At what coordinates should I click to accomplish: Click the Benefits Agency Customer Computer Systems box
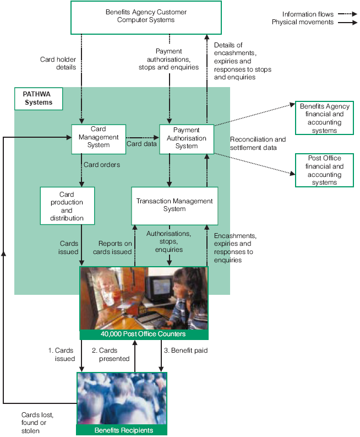tap(146, 17)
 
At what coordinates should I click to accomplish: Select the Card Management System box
tap(99, 138)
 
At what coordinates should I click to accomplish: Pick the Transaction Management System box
tap(174, 205)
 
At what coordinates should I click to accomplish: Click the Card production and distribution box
tap(67, 206)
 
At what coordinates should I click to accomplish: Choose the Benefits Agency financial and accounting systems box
tap(324, 118)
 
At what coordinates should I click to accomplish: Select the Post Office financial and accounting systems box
tap(324, 170)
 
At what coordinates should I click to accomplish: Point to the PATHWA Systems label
tap(38, 98)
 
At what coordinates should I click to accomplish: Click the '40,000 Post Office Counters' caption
tap(143, 334)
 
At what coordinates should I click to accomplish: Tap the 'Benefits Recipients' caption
tap(121, 430)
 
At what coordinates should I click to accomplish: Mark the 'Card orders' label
tap(102, 164)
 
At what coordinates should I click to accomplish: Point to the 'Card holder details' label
tap(58, 63)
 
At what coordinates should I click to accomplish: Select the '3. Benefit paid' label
tap(186, 350)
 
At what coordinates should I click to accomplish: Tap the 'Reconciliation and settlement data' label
tap(258, 143)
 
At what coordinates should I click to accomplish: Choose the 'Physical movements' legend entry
tap(302, 22)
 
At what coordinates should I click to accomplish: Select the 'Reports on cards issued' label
tap(115, 247)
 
